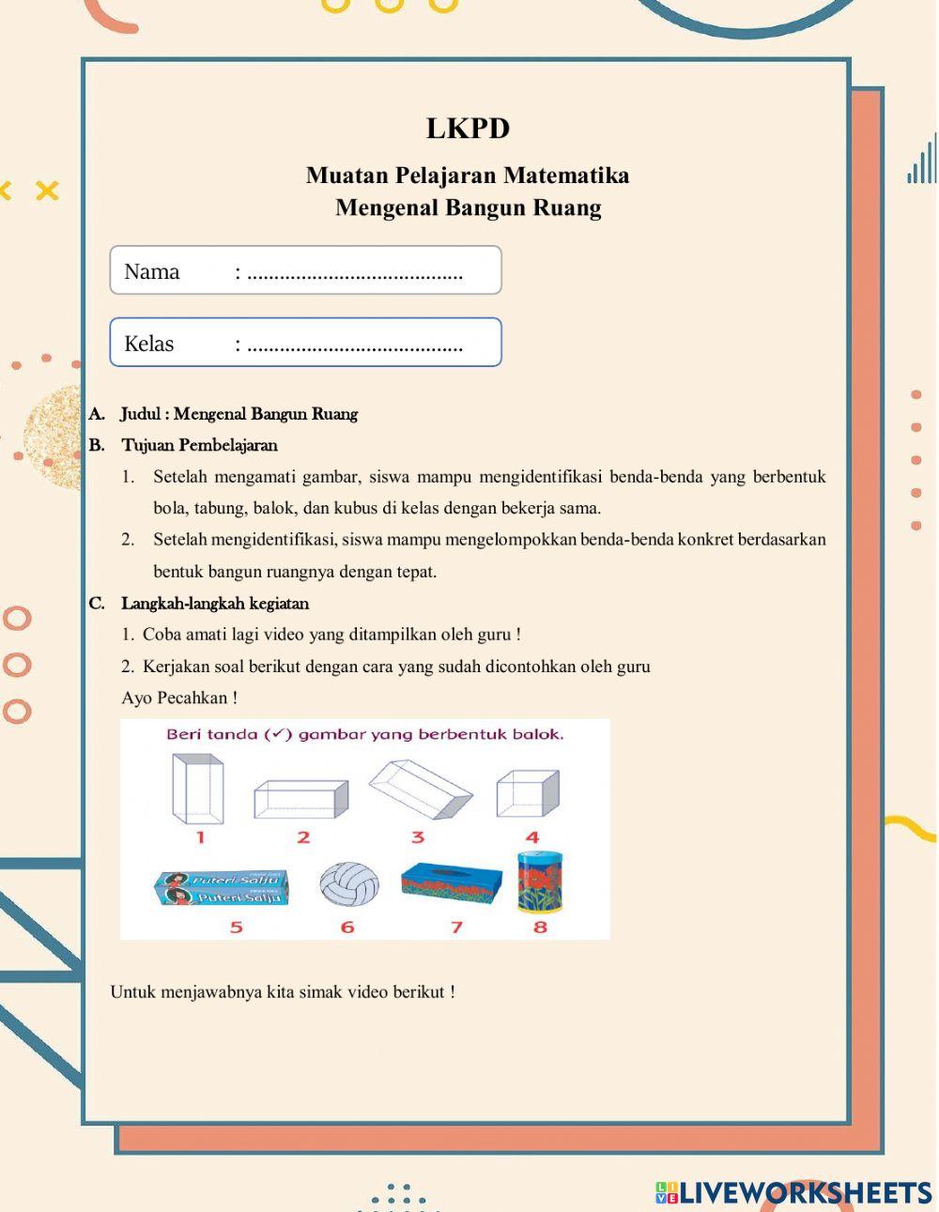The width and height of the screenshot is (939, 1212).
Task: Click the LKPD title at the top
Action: click(x=468, y=129)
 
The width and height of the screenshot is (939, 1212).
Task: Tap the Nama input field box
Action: click(x=306, y=271)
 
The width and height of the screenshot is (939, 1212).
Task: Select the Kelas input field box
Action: click(x=306, y=343)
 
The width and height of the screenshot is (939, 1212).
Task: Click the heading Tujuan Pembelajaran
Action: click(x=199, y=445)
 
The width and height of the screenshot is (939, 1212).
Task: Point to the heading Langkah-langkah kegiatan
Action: click(x=215, y=604)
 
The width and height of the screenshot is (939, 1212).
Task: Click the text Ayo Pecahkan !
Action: click(x=179, y=698)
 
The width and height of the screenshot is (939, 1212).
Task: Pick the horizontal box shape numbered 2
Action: click(x=300, y=799)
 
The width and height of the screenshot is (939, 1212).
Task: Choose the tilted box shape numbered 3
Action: click(x=420, y=790)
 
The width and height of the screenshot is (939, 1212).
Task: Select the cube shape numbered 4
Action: click(x=528, y=792)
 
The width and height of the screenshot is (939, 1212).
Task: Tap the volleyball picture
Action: click(x=349, y=884)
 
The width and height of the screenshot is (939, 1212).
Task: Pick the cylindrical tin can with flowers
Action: click(x=540, y=882)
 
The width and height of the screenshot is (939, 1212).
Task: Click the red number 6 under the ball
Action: click(x=347, y=928)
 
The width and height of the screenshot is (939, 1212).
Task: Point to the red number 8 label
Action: click(x=540, y=928)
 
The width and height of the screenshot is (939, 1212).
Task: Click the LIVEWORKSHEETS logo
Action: click(x=793, y=1192)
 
